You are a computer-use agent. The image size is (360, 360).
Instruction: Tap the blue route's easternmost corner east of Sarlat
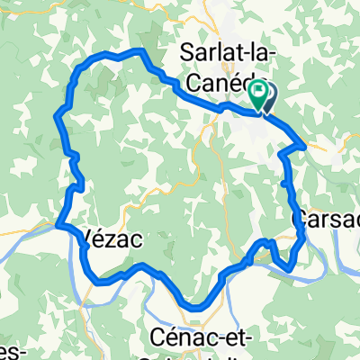306,143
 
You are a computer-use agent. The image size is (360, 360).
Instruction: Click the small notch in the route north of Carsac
284,183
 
